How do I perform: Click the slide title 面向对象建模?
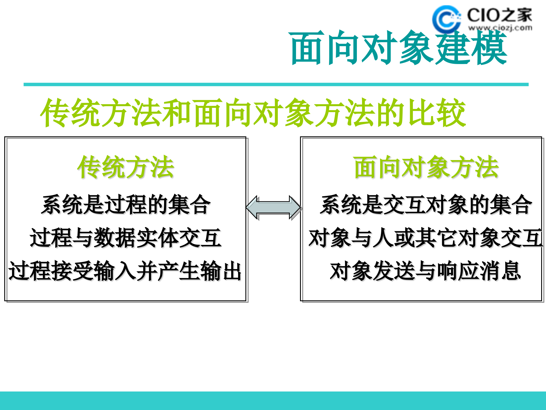[x=398, y=48]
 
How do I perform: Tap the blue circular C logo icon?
[x=446, y=19]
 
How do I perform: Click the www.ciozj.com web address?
[x=500, y=28]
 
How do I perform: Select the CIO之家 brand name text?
[x=499, y=15]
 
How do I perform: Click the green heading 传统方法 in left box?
[x=126, y=167]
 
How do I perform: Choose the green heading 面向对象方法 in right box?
[x=426, y=167]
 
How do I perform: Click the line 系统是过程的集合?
[x=126, y=204]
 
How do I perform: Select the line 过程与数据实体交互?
[x=126, y=238]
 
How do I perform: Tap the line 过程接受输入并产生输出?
[x=125, y=271]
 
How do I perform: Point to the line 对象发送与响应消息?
[x=425, y=271]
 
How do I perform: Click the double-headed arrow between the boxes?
[x=274, y=208]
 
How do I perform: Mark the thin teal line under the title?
[x=276, y=85]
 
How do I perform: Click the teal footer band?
[x=273, y=401]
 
